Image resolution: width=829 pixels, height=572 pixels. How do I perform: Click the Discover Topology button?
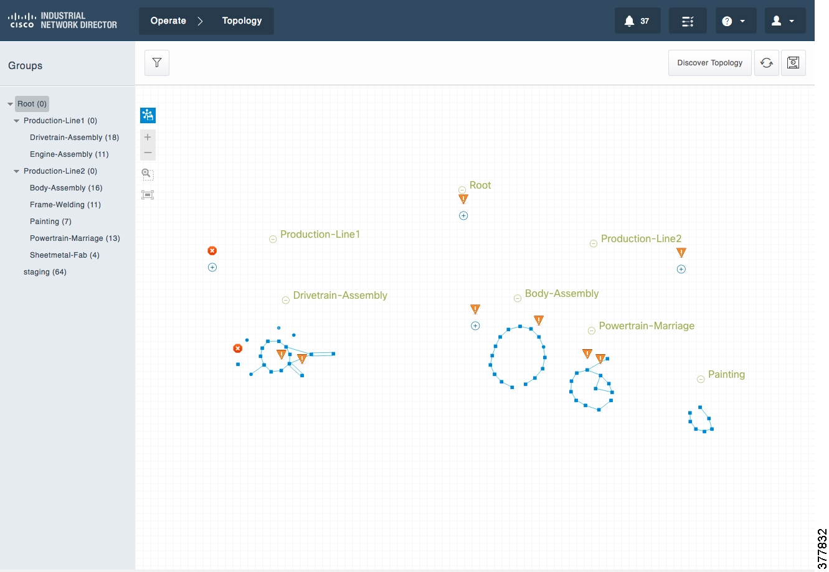coord(709,63)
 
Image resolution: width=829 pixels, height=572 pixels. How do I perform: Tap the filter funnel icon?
coord(157,63)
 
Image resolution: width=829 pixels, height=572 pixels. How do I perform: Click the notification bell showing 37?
coord(637,21)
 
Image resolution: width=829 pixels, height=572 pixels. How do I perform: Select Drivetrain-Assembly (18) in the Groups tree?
coord(74,138)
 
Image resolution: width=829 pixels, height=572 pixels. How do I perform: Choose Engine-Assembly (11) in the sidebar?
coord(69,154)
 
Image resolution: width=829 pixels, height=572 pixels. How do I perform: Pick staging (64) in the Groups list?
coord(45,272)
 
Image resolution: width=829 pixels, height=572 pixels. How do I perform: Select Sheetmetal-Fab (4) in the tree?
coord(64,255)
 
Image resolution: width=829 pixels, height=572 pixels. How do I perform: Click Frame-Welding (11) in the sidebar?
coord(65,205)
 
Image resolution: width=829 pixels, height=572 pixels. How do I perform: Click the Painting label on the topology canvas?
coord(726,374)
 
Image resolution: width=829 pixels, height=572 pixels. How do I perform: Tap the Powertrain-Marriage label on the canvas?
coord(647,326)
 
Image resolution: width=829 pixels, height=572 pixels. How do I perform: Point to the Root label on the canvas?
coord(480,185)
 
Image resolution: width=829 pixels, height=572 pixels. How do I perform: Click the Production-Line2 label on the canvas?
coord(641,238)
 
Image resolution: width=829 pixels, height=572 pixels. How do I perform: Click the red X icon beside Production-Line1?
coord(212,251)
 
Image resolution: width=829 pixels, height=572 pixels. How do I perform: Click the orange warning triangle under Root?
coord(463,199)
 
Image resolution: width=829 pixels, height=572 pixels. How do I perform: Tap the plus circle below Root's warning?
coord(463,215)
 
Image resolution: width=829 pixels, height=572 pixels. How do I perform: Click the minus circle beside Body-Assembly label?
coord(518,298)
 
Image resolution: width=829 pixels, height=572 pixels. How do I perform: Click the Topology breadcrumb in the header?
coord(242,21)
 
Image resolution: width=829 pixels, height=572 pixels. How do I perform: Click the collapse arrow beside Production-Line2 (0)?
coord(16,171)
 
